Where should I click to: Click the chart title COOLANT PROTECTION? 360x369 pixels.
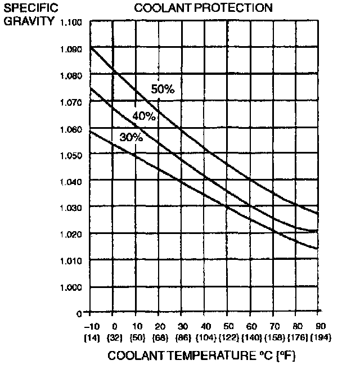pyautogui.click(x=202, y=8)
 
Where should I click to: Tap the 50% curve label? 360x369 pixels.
pyautogui.click(x=163, y=88)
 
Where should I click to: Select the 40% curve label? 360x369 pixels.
pyautogui.click(x=143, y=116)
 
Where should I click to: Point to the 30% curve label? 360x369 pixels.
pyautogui.click(x=131, y=137)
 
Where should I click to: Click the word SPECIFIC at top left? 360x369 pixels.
pyautogui.click(x=25, y=9)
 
